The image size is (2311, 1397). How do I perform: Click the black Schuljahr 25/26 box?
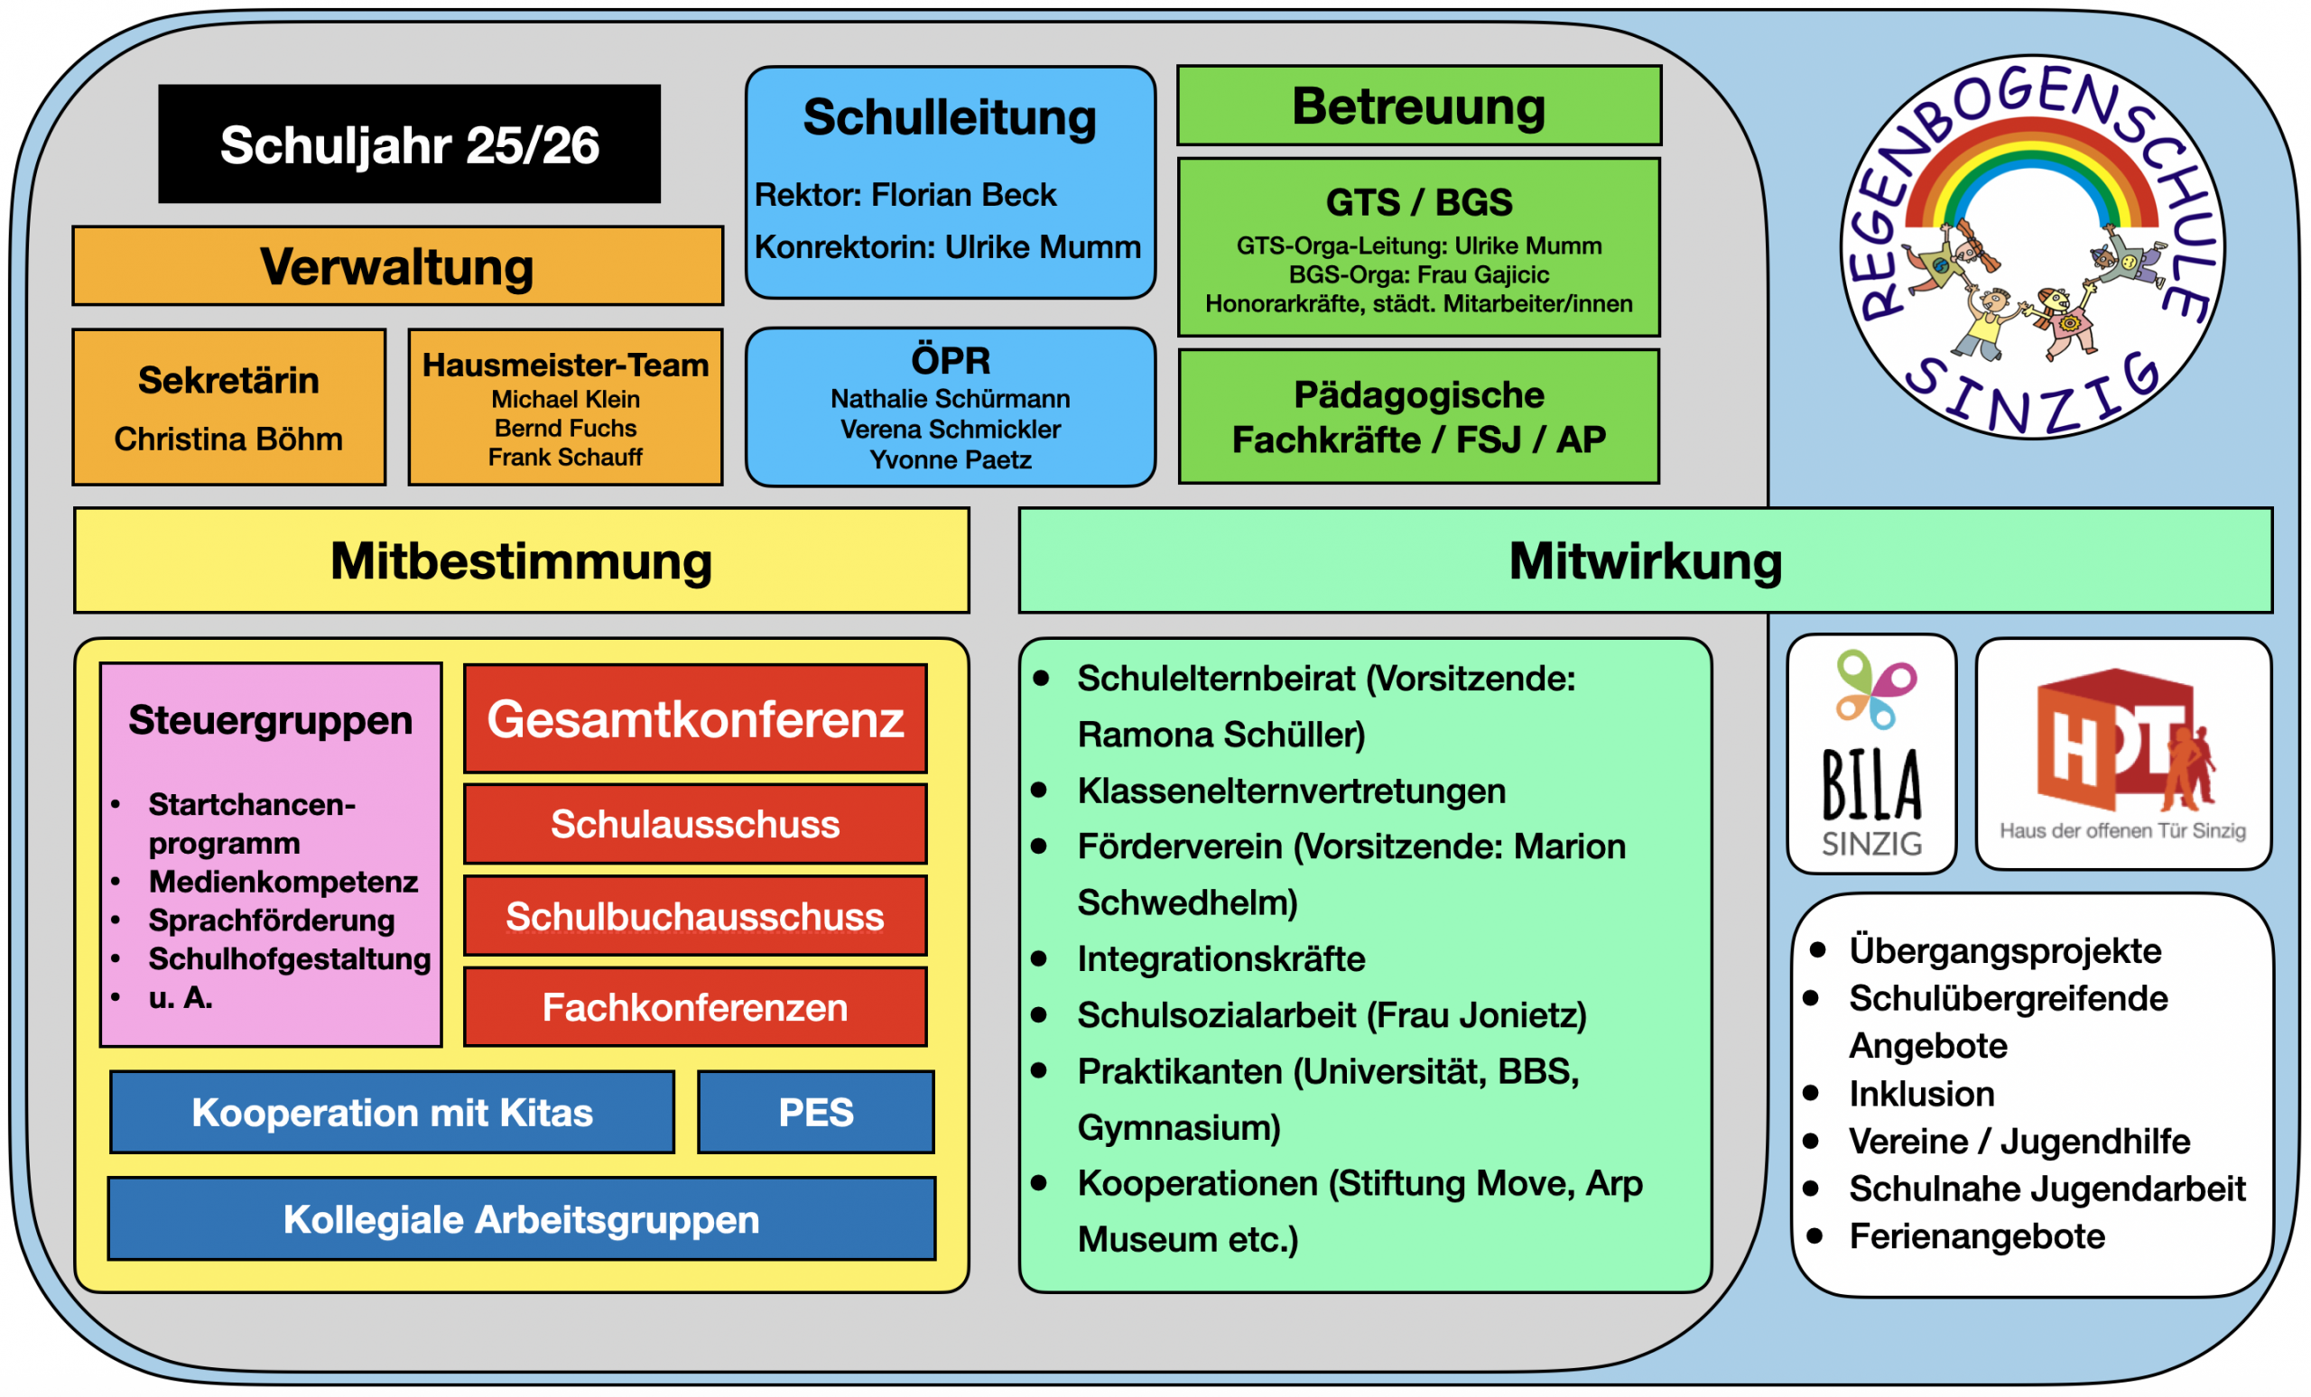pos(409,144)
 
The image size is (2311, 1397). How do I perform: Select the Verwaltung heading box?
pos(398,266)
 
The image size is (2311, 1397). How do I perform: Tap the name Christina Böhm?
pos(229,439)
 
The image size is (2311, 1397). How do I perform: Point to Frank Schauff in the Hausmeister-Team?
pos(564,458)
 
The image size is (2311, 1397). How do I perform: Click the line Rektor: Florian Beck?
pos(905,195)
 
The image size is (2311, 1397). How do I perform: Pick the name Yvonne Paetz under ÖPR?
pos(950,460)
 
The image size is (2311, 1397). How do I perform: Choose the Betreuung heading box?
pos(1418,106)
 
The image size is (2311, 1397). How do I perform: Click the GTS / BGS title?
pos(1418,202)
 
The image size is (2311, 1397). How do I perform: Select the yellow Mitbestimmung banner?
pos(522,560)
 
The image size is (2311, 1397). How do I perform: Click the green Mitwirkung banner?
pos(1645,560)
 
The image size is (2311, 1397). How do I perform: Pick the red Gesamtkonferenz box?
pos(695,719)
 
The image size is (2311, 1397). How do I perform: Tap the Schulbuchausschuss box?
pos(695,916)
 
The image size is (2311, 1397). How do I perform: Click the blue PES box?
pos(816,1112)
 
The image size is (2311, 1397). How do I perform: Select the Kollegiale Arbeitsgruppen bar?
pos(522,1219)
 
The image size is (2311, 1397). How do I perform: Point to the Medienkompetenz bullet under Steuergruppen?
pos(283,882)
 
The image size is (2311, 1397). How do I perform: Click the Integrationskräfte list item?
pos(1220,958)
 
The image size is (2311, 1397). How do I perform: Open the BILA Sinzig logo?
pos(1871,754)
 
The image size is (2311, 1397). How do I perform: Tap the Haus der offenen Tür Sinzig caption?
pos(2122,830)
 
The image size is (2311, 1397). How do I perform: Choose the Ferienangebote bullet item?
pos(1976,1235)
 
